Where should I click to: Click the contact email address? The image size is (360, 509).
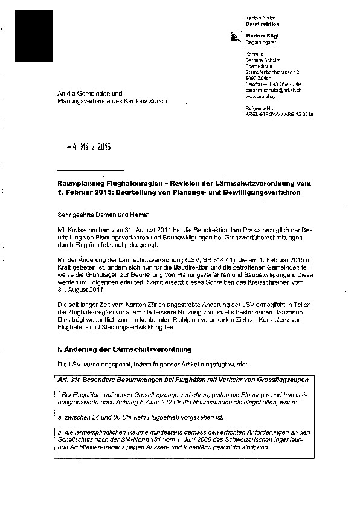point(274,90)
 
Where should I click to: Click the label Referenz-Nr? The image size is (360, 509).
point(261,106)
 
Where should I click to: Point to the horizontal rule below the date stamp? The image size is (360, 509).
point(91,170)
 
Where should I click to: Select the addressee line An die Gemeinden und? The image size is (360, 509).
point(89,94)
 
